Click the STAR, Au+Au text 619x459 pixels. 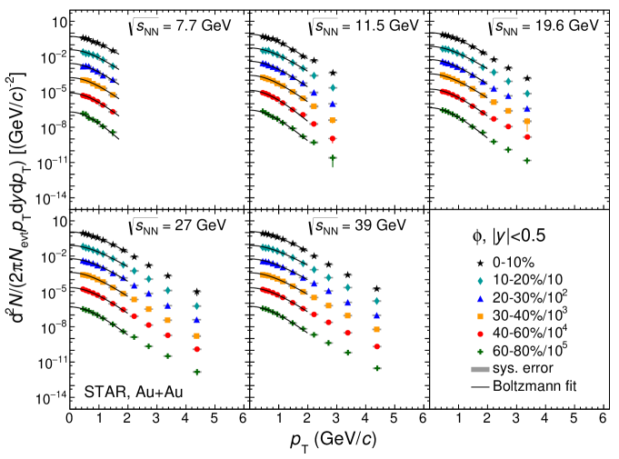click(132, 393)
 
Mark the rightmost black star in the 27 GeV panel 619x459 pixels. click(196, 292)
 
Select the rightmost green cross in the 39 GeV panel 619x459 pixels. click(375, 368)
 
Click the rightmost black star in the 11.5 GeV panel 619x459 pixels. click(334, 73)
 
